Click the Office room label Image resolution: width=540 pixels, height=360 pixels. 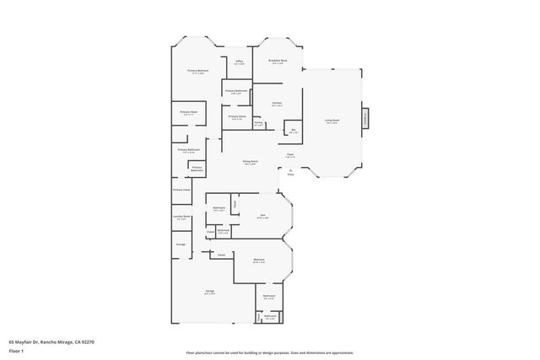point(239,61)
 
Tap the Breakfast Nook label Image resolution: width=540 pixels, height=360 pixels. point(278,61)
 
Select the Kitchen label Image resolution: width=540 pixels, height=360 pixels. point(277,104)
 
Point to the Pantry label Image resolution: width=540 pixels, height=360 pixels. point(259,123)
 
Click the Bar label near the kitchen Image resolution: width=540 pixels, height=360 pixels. point(293,130)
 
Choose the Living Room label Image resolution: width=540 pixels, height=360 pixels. point(332,121)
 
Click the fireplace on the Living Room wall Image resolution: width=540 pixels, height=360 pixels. point(365,119)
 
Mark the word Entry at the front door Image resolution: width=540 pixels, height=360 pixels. point(291,175)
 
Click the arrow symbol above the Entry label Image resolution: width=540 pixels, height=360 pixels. point(291,169)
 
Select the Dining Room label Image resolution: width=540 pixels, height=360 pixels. point(250,161)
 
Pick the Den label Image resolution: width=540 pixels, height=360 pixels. point(262,214)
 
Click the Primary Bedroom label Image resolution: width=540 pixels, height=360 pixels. point(197,71)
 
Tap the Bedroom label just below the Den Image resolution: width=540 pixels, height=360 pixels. point(260,259)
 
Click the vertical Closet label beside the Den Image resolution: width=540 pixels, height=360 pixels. point(235,204)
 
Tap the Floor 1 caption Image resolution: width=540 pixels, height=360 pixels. point(15,349)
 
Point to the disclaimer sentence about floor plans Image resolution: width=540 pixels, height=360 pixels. point(270,352)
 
